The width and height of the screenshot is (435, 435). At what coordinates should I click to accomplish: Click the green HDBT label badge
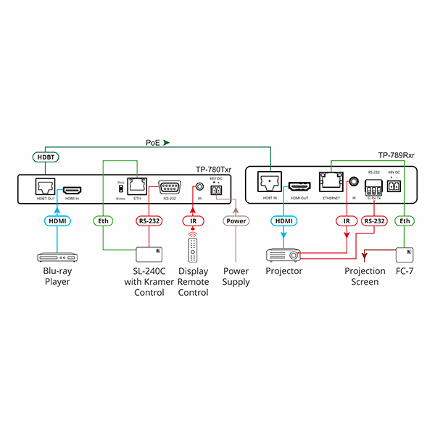(x=46, y=157)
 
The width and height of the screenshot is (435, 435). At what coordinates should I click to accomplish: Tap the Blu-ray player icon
(x=57, y=257)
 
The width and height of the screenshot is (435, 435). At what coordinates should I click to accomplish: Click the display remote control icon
(x=193, y=250)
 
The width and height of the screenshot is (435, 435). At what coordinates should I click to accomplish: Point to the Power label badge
(x=236, y=220)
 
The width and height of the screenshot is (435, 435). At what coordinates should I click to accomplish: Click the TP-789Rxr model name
(x=397, y=155)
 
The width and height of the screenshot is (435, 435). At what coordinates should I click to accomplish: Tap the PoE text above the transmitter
(x=154, y=143)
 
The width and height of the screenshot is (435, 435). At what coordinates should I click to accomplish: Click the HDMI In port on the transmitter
(x=71, y=188)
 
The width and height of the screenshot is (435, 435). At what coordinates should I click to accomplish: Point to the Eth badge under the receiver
(x=405, y=220)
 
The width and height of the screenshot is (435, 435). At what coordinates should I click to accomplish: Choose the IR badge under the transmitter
(x=193, y=220)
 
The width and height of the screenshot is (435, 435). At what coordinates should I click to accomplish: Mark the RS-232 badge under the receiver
(x=374, y=220)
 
